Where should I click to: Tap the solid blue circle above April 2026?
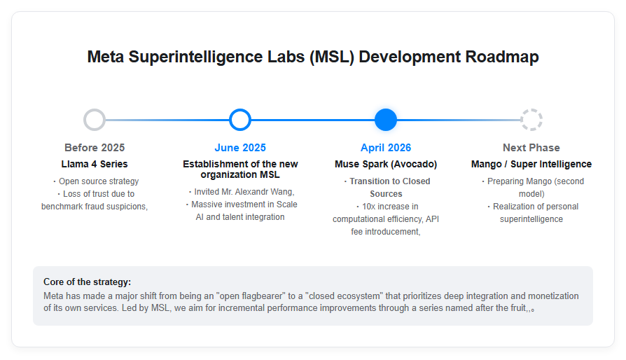[386, 120]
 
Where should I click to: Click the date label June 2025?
[240, 148]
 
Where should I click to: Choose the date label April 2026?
[386, 148]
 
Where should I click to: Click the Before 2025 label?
[95, 148]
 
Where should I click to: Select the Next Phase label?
[531, 148]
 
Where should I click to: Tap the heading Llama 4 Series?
[95, 164]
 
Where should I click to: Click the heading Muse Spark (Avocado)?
[386, 164]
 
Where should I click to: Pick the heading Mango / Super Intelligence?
[531, 164]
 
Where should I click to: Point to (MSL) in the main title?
[332, 57]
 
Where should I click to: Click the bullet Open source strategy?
[99, 181]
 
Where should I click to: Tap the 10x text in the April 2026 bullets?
[368, 207]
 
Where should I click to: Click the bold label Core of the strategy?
[87, 282]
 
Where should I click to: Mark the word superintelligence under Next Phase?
[531, 219]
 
